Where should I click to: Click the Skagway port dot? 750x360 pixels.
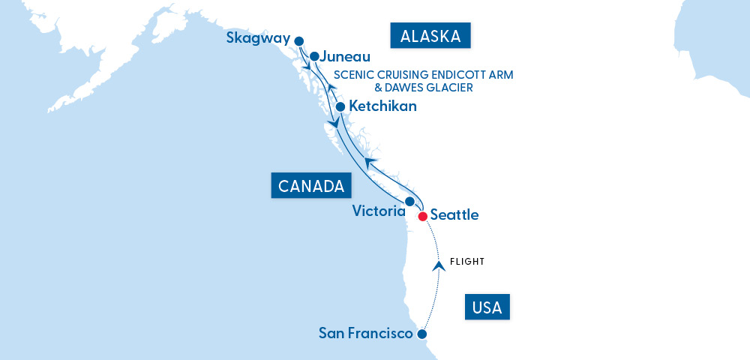(299, 41)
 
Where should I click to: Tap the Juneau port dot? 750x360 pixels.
(315, 56)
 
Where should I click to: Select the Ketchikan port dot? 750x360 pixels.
(340, 106)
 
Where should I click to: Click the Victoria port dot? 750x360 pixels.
(409, 202)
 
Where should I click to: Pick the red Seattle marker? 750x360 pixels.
(423, 216)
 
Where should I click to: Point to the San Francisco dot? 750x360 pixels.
(422, 334)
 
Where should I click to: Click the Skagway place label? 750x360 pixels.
(258, 39)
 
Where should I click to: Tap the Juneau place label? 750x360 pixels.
(346, 56)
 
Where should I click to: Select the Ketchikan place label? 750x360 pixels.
(382, 106)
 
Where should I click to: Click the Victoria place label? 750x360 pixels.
(379, 211)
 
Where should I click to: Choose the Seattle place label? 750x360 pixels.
(454, 215)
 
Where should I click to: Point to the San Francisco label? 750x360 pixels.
(366, 332)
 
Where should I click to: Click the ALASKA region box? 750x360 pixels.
(430, 36)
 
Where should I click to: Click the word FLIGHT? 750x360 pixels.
(467, 262)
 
